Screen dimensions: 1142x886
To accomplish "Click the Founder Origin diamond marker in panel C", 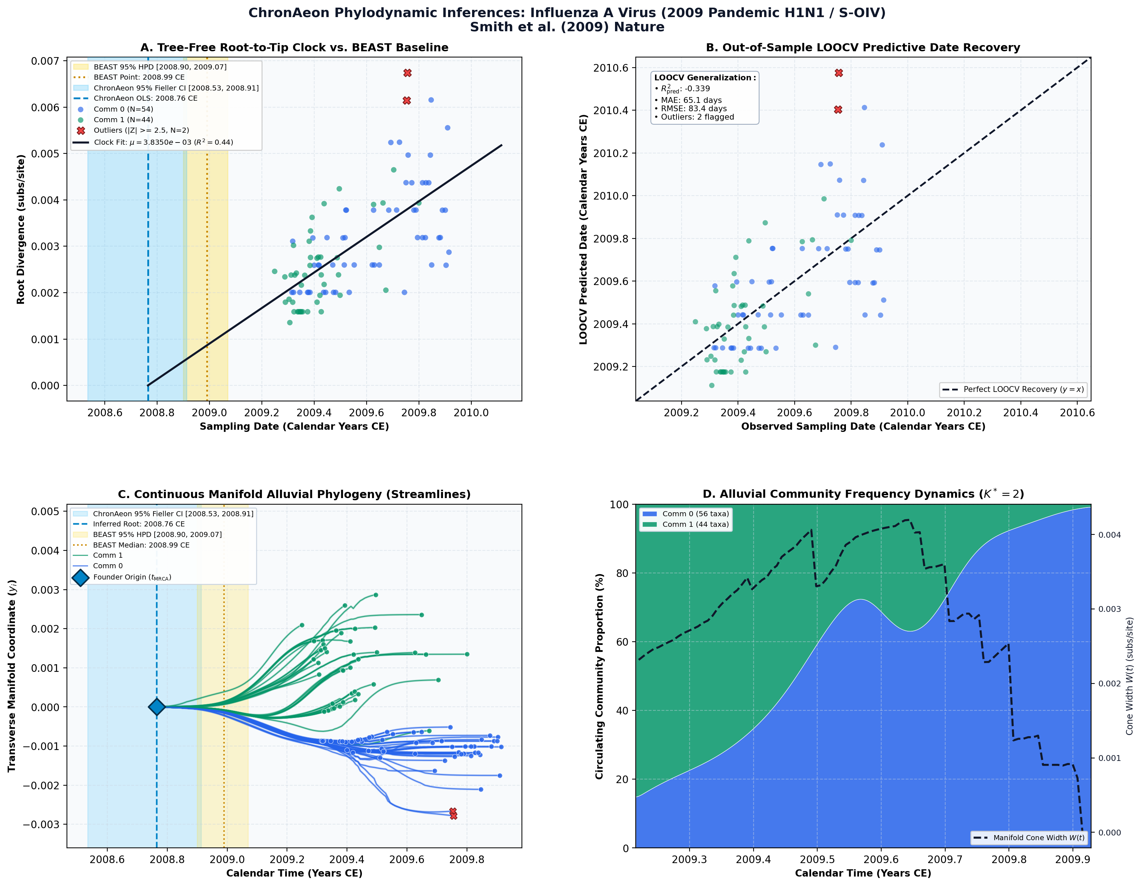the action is [x=156, y=707].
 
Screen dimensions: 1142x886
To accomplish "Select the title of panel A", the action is [x=294, y=48].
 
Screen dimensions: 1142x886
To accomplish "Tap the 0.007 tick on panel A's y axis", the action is [x=45, y=61].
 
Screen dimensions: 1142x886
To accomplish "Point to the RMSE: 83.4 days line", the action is [x=691, y=109].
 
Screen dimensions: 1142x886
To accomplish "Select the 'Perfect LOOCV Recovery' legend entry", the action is [x=1013, y=389].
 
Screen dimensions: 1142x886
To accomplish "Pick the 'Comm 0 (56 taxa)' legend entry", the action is [x=684, y=514].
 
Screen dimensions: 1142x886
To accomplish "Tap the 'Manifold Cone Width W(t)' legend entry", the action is [x=1029, y=837].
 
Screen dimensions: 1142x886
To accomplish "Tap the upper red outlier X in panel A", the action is [x=407, y=73].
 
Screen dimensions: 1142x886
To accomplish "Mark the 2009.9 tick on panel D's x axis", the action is [x=1073, y=859].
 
